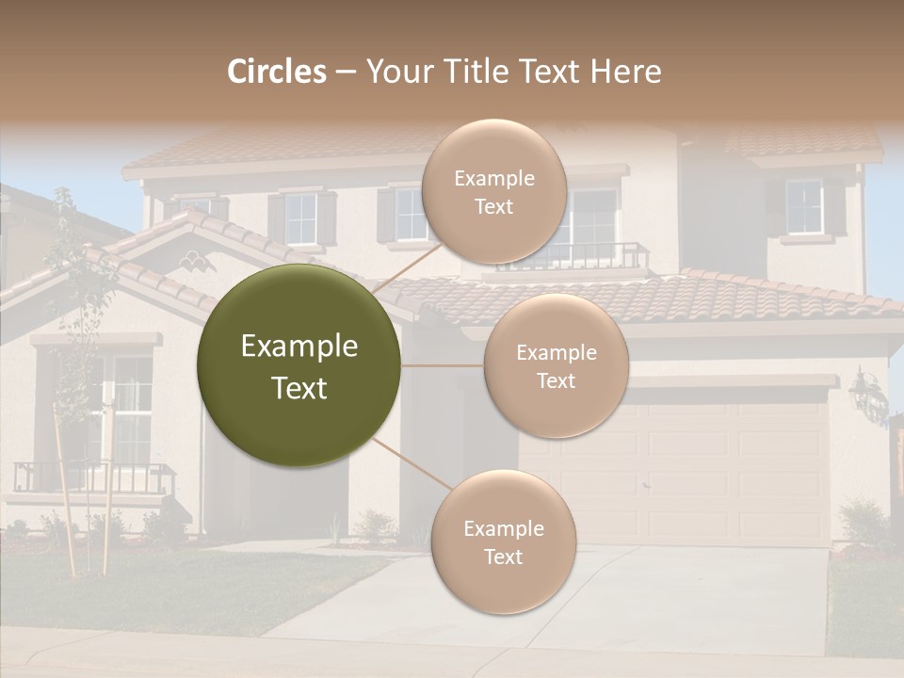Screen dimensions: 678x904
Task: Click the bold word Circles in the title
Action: (276, 72)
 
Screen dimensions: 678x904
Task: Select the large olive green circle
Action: (299, 365)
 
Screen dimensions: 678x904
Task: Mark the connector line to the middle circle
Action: (443, 365)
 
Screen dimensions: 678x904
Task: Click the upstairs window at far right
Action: (803, 207)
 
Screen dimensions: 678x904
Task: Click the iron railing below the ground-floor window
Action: (94, 477)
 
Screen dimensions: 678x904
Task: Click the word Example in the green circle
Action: (299, 347)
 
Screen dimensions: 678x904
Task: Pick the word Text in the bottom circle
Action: (503, 557)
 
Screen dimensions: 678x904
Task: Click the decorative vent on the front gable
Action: (197, 261)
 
